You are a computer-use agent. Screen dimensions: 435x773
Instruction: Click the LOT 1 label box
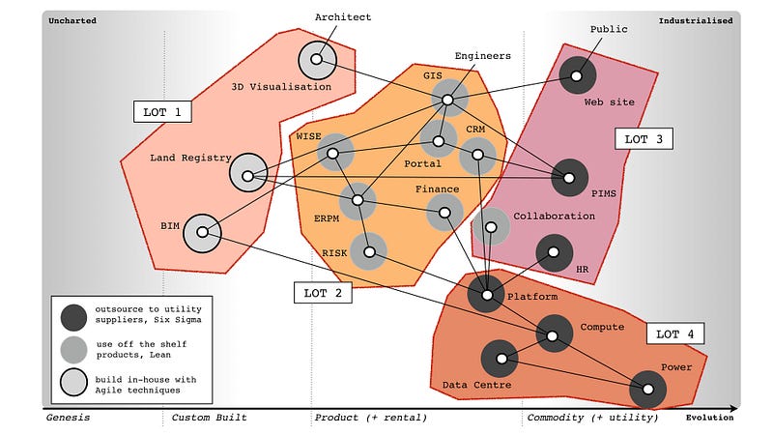[x=163, y=111]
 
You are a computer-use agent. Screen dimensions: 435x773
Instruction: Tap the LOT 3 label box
[x=644, y=138]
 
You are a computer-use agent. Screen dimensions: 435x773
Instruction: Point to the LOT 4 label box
[x=675, y=334]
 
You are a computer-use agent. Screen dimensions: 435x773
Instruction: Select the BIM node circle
[x=202, y=233]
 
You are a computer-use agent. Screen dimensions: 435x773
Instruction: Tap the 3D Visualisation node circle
[x=318, y=61]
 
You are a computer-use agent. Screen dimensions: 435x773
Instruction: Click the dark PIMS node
[x=569, y=177]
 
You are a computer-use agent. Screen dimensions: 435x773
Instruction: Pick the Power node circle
[x=647, y=389]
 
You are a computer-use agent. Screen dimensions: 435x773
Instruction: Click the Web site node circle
[x=577, y=73]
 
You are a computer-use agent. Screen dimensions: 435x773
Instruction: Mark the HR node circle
[x=554, y=252]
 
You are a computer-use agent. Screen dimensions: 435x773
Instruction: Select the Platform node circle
[x=486, y=293]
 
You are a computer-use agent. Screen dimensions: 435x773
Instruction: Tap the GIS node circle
[x=447, y=99]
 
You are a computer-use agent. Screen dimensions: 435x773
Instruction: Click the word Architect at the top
[x=343, y=17]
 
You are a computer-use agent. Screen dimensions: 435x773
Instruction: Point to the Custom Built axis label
[x=209, y=418]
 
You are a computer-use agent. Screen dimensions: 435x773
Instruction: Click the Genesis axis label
[x=68, y=418]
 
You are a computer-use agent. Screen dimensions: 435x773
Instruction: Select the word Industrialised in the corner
[x=696, y=20]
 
